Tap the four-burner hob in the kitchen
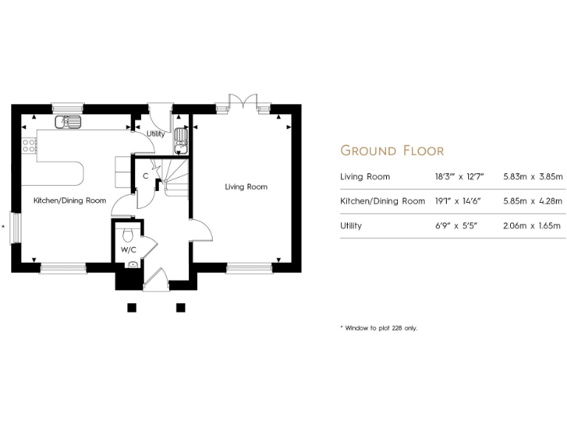coord(30,145)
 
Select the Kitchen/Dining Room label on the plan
coord(69,201)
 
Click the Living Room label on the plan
coord(246,187)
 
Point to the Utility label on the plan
coord(155,134)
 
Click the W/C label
coord(128,249)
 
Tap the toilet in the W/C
coord(128,234)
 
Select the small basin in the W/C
coord(133,264)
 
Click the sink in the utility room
coord(181,138)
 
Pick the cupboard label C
coord(145,177)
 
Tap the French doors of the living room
coord(243,103)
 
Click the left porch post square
coord(131,307)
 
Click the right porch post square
coord(179,307)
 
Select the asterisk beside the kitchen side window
coord(4,229)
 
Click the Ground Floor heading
coord(391,151)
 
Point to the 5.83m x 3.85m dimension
coord(532,177)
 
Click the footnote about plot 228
coord(378,328)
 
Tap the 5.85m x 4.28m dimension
coord(532,201)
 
